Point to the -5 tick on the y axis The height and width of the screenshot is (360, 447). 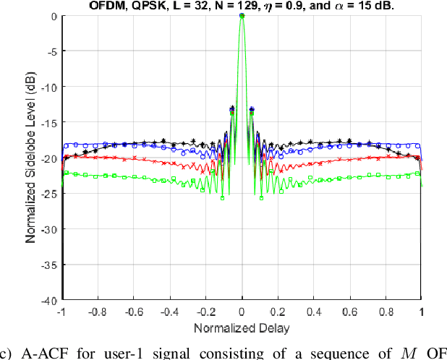(50, 51)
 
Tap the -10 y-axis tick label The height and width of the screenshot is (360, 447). (48, 87)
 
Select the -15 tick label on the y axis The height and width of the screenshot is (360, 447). (48, 122)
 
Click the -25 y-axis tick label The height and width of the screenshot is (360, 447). (48, 193)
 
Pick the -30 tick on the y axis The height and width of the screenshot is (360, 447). (48, 229)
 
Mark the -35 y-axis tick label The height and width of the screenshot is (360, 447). (48, 265)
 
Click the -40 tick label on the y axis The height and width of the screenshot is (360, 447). (48, 300)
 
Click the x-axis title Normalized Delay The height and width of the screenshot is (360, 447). (241, 327)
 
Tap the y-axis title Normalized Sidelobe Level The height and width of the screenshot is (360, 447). (32, 158)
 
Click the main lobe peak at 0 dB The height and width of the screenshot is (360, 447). (242, 15)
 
